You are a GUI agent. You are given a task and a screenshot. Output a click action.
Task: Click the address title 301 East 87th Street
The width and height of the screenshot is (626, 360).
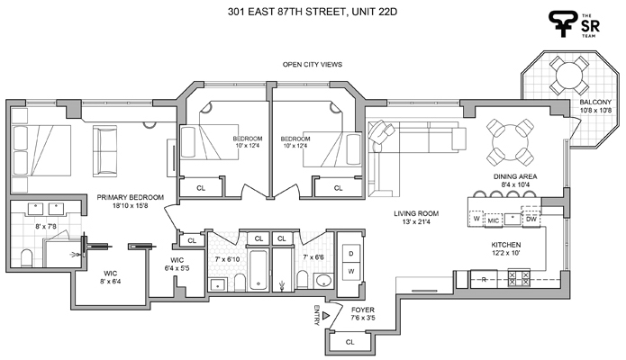click(x=313, y=11)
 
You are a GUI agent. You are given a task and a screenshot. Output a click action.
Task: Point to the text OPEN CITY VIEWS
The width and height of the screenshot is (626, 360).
click(x=313, y=65)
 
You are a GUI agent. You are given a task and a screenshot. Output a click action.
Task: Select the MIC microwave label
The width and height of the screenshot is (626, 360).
click(x=494, y=219)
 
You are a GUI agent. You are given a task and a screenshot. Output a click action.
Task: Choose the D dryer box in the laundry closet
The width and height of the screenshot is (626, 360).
click(x=349, y=255)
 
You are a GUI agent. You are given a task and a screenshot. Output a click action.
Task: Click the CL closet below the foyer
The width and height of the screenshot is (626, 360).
click(x=349, y=342)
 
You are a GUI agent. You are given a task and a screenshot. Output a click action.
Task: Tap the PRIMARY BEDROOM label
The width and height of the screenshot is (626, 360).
click(x=131, y=197)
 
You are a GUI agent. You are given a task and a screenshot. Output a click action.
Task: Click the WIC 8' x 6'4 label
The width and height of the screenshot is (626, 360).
click(x=110, y=276)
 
